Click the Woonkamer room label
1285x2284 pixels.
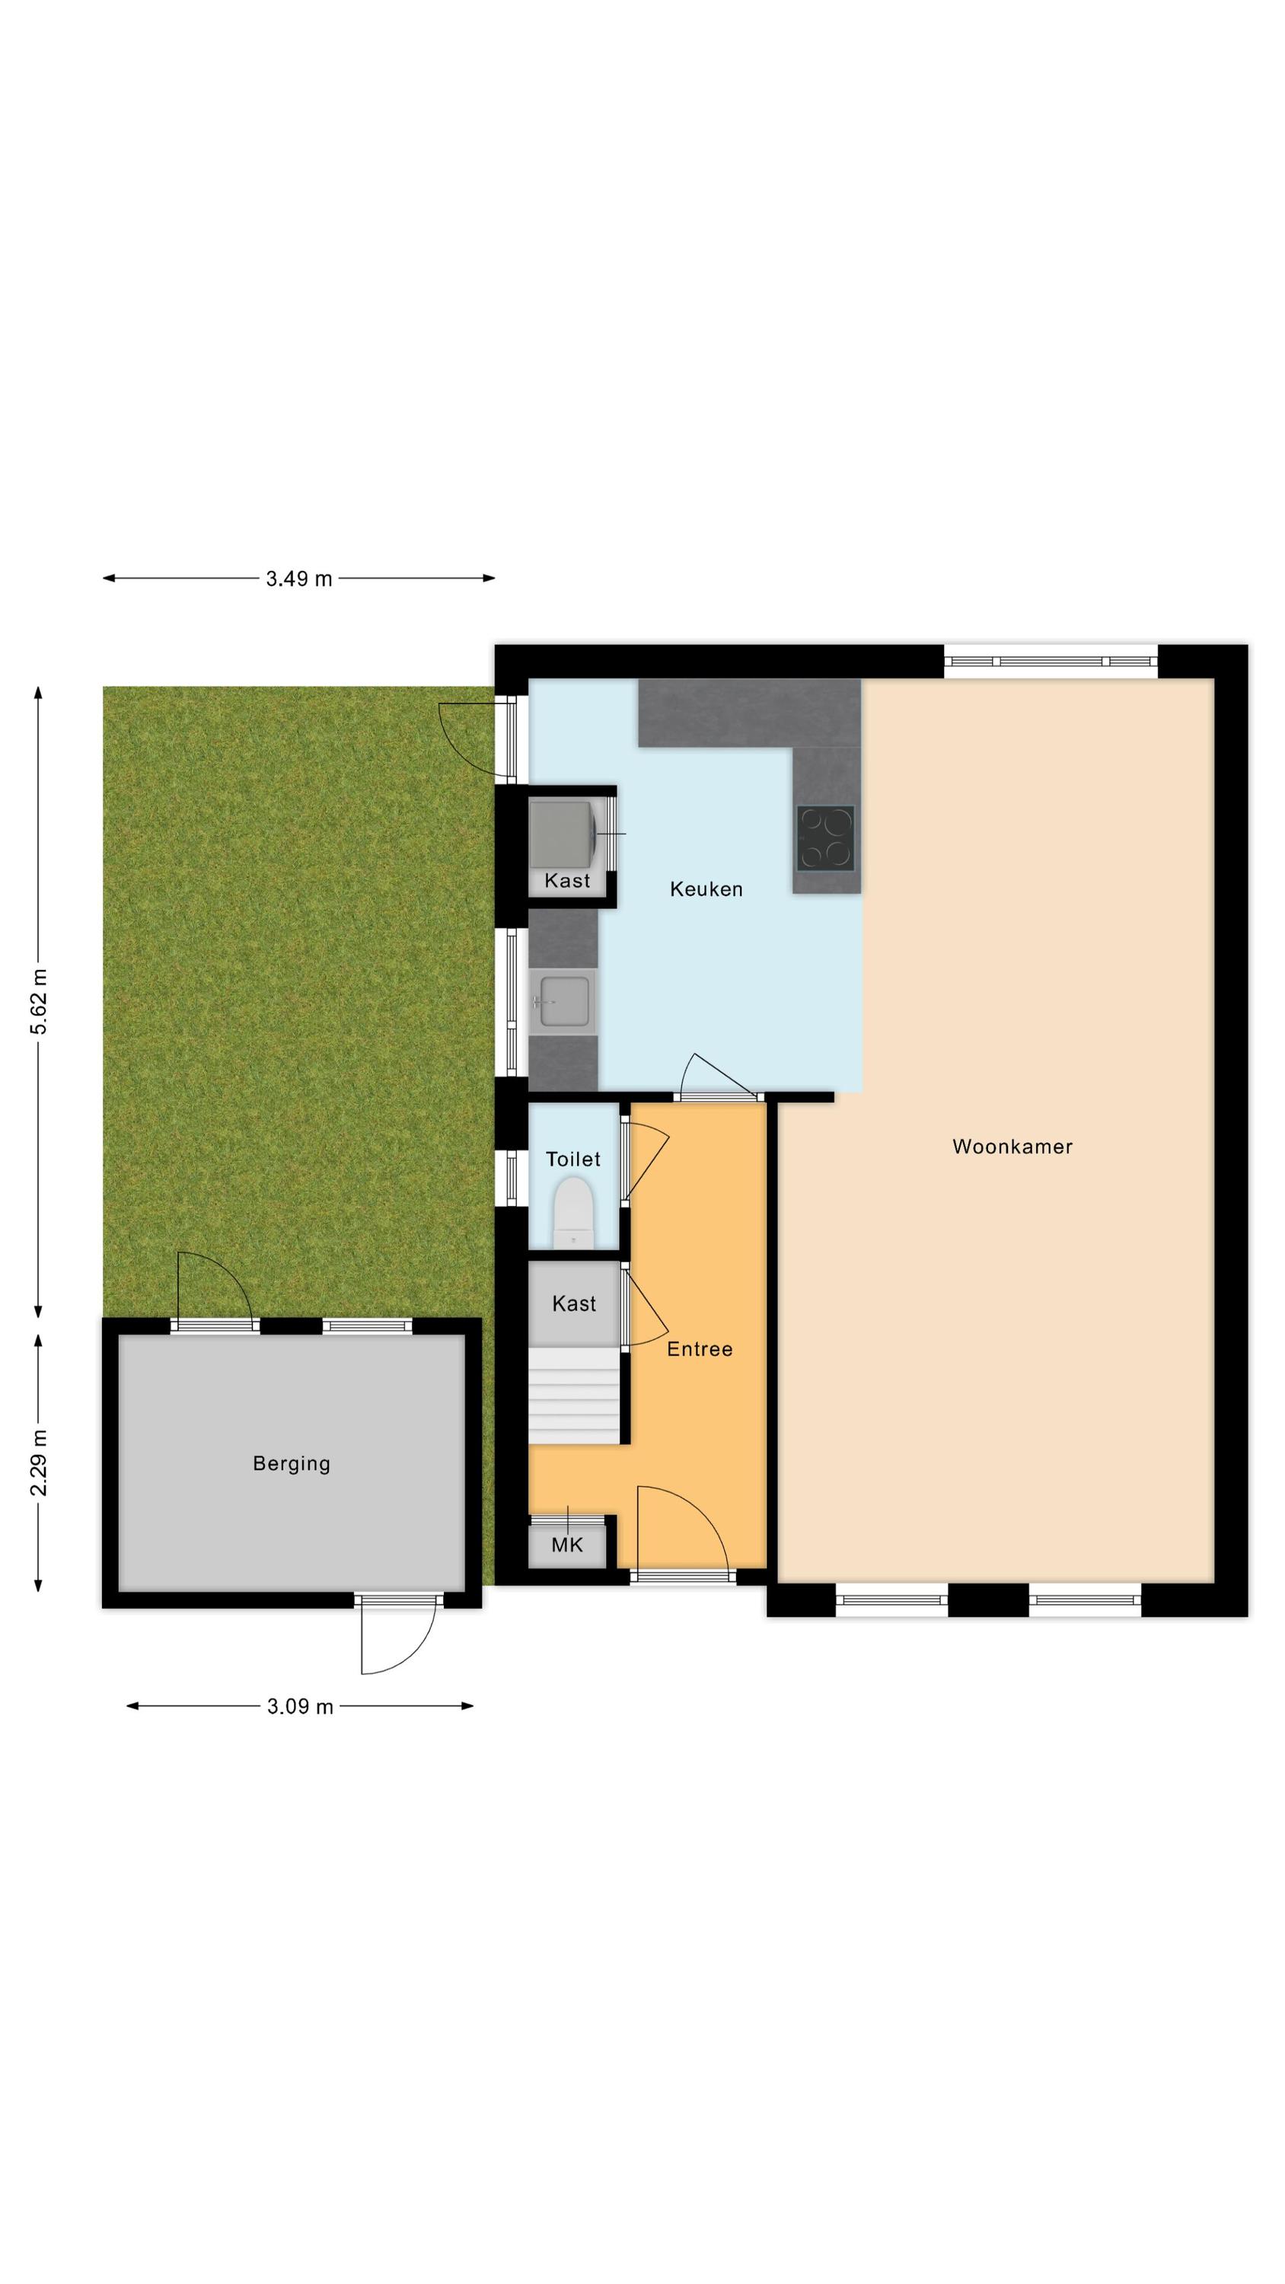[1012, 1147]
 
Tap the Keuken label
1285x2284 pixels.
[706, 888]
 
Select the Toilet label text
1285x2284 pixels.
[573, 1159]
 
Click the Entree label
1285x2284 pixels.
[700, 1348]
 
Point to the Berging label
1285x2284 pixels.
[292, 1464]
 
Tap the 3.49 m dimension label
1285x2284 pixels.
[299, 579]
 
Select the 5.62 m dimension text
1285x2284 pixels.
[39, 1002]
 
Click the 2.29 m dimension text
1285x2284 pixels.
[39, 1462]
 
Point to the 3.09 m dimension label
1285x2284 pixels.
[300, 1707]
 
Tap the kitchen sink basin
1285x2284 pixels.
[564, 1002]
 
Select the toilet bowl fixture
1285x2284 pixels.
[573, 1211]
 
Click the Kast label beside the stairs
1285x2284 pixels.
[574, 1303]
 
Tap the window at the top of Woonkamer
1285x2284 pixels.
[1050, 662]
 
